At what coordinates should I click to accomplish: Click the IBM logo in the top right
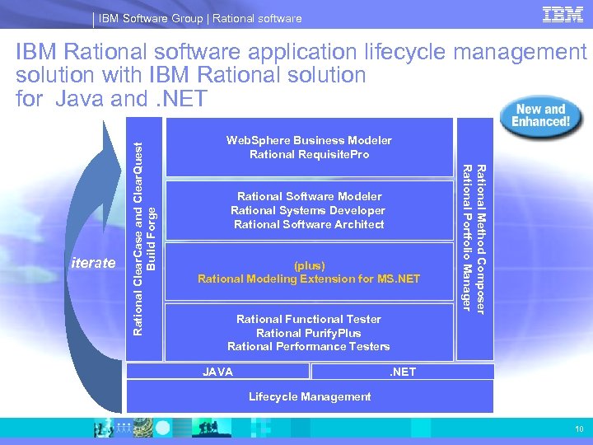coord(563,15)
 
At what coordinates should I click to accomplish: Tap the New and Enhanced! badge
coord(541,116)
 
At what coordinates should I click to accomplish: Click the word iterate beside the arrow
coord(93,264)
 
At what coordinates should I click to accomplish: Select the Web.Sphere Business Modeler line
coord(309,140)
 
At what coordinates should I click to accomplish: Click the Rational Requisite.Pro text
coord(309,154)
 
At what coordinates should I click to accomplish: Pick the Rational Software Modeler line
coord(309,196)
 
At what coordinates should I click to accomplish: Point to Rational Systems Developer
coord(309,210)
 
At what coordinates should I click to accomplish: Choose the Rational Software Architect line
coord(309,224)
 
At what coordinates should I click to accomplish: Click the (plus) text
coord(309,265)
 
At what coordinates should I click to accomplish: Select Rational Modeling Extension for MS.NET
coord(309,279)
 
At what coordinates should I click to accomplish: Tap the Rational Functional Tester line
coord(309,319)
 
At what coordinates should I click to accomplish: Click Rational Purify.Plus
coord(309,333)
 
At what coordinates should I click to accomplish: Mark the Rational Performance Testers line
coord(309,346)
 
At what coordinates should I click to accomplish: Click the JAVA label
coord(218,372)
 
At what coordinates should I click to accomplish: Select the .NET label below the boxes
coord(403,372)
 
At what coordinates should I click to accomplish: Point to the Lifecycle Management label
coord(310,396)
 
